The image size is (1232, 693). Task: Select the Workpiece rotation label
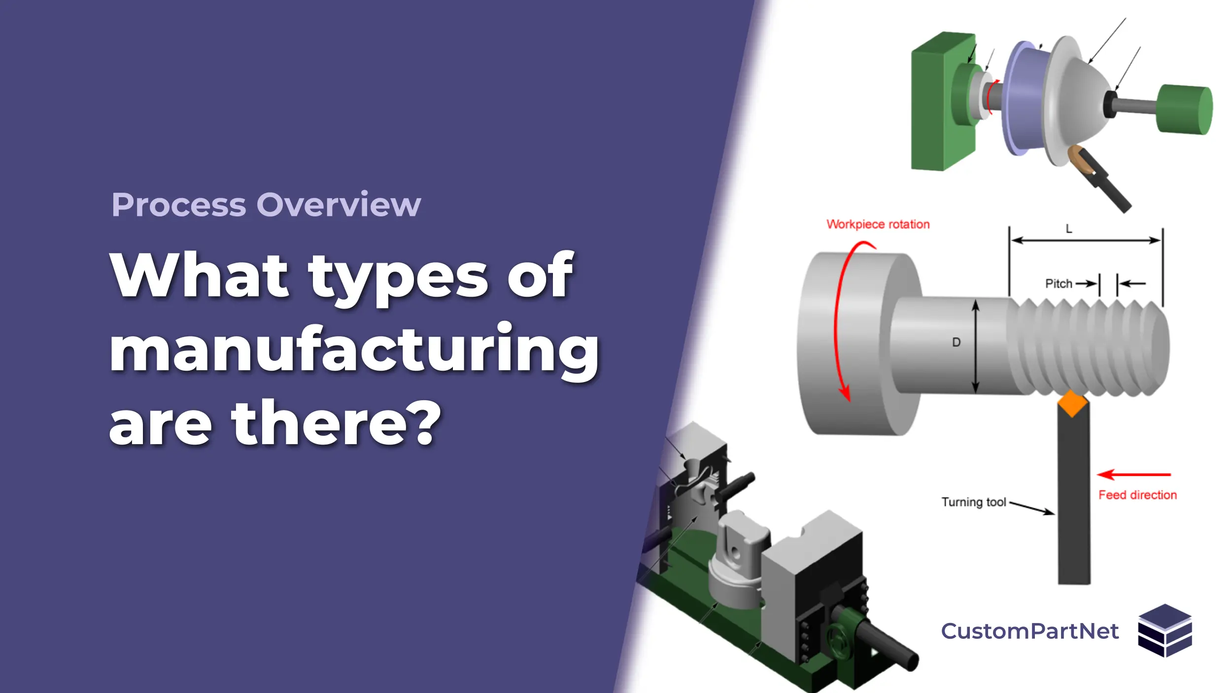click(878, 224)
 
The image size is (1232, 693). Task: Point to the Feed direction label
click(1137, 495)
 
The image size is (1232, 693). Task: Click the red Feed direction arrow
click(1134, 475)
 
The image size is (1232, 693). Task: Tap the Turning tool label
click(974, 502)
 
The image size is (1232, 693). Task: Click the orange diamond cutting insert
click(1072, 404)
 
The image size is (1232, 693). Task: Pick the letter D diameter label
click(956, 342)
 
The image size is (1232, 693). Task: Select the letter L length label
click(1069, 229)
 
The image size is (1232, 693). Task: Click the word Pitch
click(1059, 283)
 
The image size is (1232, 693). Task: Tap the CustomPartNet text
click(1030, 631)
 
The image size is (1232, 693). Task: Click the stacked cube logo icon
click(1165, 630)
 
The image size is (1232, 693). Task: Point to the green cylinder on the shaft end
click(1185, 109)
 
